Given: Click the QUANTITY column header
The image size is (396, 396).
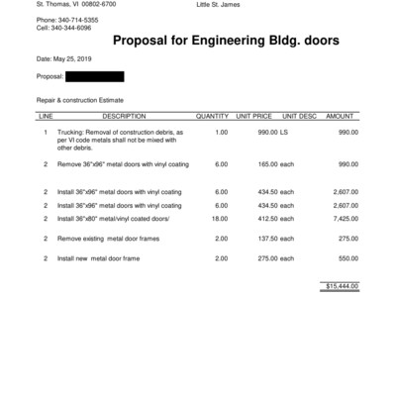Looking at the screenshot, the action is pos(212,117).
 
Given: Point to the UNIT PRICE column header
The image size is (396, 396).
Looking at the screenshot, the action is pos(253,117).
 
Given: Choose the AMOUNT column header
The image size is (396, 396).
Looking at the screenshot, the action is pos(340,117).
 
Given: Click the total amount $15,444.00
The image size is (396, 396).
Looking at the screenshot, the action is pos(342,286).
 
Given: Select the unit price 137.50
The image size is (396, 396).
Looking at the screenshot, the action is pos(263,239).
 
